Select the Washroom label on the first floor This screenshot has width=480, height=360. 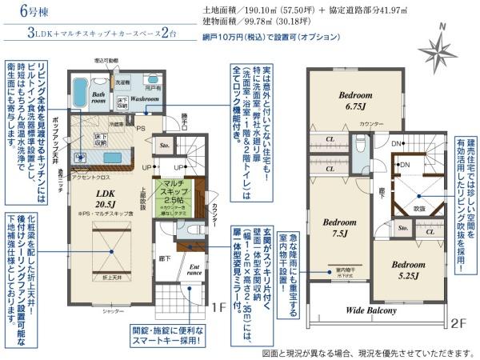(x=146, y=99)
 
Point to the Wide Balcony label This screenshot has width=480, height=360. (x=372, y=309)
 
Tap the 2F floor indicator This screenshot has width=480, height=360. (x=458, y=324)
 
